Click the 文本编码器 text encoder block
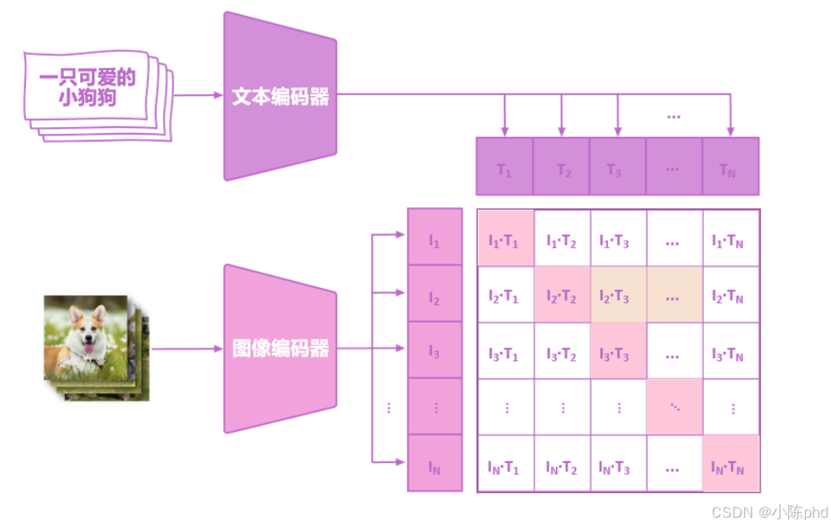280,96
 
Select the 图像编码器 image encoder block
280,349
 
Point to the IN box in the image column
435,463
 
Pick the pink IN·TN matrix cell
730,464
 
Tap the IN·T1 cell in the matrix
505,464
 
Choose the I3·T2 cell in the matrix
562,351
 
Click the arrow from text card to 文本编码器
198,95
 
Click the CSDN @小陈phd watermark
769,512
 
